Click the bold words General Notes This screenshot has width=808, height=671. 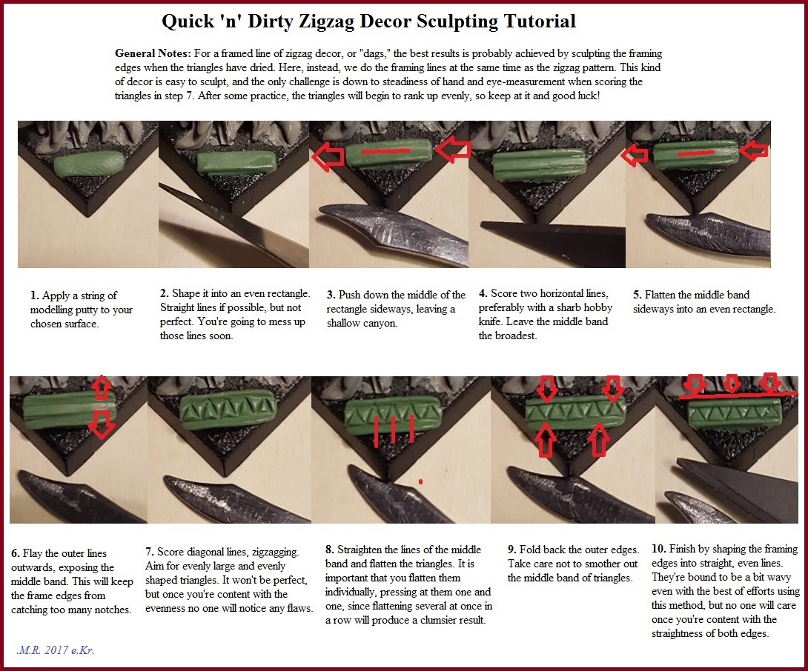[153, 53]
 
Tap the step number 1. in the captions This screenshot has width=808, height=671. [35, 296]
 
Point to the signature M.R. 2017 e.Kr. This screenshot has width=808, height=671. [55, 650]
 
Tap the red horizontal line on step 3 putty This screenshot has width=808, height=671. [385, 151]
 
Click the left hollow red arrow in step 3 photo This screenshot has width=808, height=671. [328, 156]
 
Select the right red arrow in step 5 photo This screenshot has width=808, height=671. [753, 151]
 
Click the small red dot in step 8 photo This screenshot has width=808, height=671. [420, 482]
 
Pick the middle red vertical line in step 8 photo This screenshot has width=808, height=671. [394, 430]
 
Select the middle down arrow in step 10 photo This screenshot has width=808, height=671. [732, 384]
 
